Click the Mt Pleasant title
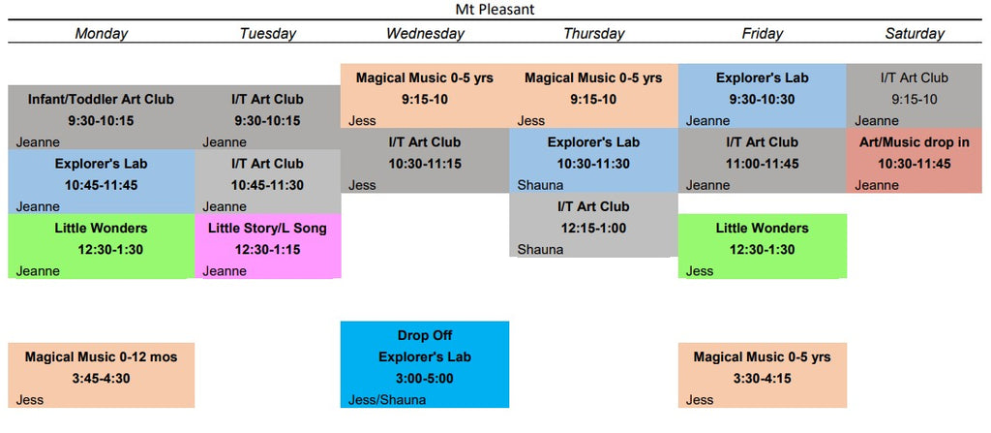pyautogui.click(x=495, y=10)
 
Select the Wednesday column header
pyautogui.click(x=425, y=34)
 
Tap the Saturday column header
pyautogui.click(x=914, y=34)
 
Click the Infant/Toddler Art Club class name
pyautogui.click(x=101, y=100)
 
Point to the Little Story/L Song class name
pyautogui.click(x=267, y=228)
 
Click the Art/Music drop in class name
pyautogui.click(x=914, y=142)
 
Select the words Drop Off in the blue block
pyautogui.click(x=425, y=335)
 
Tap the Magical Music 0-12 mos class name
pyautogui.click(x=101, y=357)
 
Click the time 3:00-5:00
pyautogui.click(x=425, y=379)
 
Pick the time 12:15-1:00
pyautogui.click(x=593, y=228)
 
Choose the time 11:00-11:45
pyautogui.click(x=762, y=164)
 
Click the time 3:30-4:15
pyautogui.click(x=762, y=379)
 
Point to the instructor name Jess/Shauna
pyautogui.click(x=387, y=399)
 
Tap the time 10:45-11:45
pyautogui.click(x=101, y=185)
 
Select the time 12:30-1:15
pyautogui.click(x=267, y=249)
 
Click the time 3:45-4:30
pyautogui.click(x=101, y=379)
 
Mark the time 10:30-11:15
pyautogui.click(x=425, y=164)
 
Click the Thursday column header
pyautogui.click(x=593, y=34)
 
